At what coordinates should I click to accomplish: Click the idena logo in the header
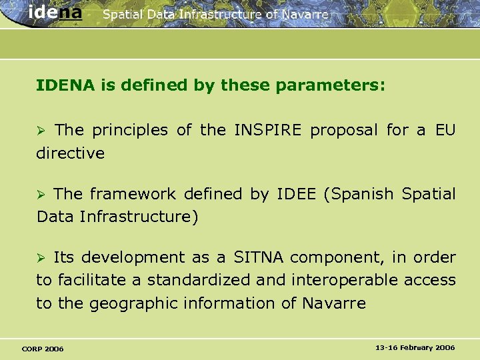click(56, 13)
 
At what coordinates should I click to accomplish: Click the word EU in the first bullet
click(445, 130)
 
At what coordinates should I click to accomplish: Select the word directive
click(70, 153)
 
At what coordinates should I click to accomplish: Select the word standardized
click(199, 280)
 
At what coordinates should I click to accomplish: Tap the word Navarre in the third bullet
click(333, 303)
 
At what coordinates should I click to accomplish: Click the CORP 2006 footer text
click(43, 349)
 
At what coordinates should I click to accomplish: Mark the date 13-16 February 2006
click(415, 348)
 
